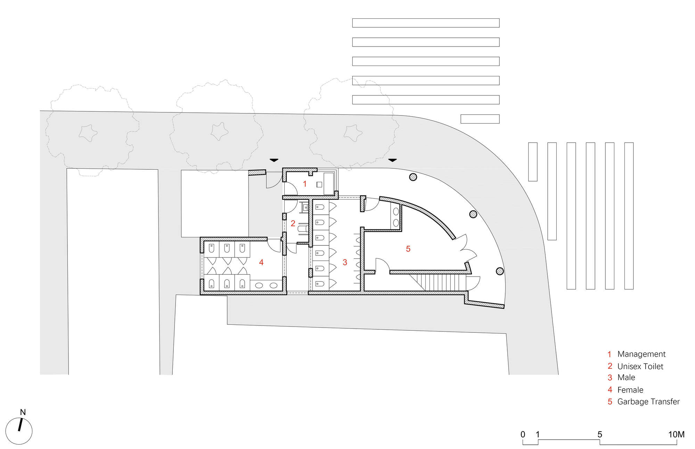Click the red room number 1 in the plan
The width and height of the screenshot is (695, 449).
point(305,184)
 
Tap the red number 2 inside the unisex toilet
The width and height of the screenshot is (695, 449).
point(293,223)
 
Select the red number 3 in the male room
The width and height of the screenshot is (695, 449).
point(345,262)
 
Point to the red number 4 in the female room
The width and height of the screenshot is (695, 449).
point(261,262)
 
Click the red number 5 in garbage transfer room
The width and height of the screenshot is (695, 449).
point(408,249)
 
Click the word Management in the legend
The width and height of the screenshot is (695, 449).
point(641,354)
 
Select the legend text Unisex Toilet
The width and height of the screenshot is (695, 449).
point(640,366)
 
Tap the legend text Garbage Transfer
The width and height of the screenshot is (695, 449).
point(648,402)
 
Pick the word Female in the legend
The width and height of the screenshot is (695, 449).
point(630,390)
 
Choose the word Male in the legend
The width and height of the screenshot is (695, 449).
point(626,378)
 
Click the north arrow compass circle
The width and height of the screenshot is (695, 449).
point(19,431)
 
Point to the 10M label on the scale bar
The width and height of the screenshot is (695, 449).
point(676,434)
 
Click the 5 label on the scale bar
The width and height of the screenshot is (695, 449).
point(599,434)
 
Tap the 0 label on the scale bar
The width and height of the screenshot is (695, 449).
point(523,434)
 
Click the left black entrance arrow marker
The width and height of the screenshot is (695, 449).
point(274,160)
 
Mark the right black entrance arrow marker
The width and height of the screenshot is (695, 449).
point(392,160)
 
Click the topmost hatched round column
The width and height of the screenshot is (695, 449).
point(413,177)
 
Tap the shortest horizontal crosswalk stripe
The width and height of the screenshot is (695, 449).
point(480,119)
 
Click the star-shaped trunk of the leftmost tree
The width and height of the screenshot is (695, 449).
point(88,133)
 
